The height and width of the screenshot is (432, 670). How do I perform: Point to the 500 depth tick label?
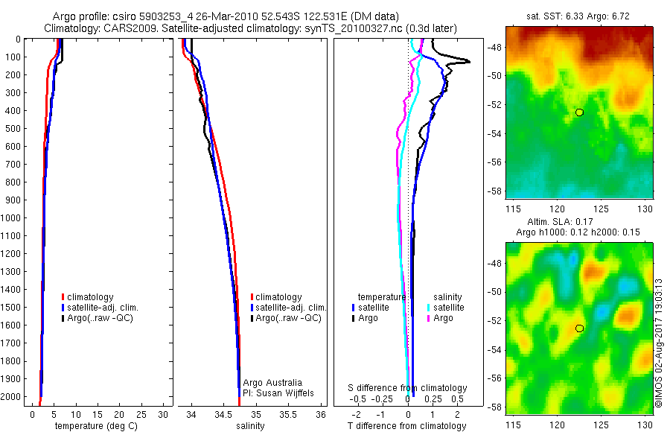(14, 128)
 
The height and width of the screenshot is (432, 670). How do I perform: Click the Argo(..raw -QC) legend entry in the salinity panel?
(287, 318)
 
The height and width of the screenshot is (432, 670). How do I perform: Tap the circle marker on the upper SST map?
(579, 112)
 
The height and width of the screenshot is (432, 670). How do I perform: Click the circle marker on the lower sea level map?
(579, 328)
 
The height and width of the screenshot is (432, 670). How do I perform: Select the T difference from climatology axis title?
(408, 426)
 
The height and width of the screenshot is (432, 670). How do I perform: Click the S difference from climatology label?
(408, 388)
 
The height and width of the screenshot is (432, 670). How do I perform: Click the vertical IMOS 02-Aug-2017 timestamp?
(658, 343)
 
